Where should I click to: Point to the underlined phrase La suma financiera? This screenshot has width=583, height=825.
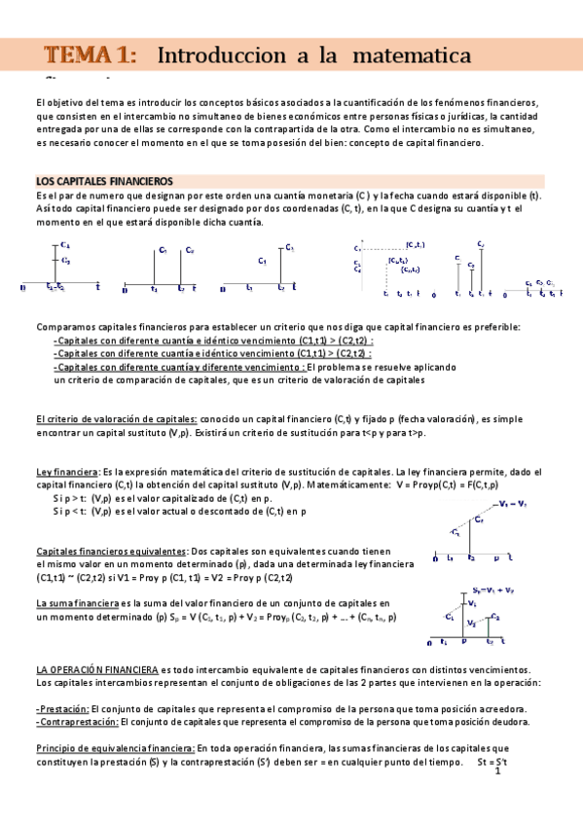77,603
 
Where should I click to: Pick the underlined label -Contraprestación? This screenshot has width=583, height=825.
77,722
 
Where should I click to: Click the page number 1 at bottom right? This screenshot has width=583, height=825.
496,771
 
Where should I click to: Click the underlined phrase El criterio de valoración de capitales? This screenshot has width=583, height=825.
117,418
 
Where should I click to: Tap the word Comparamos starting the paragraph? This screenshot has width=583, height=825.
64,326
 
